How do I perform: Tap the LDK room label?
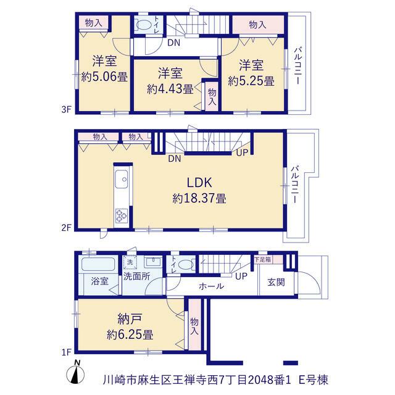coord(199,183)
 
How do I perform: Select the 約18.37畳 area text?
coord(199,199)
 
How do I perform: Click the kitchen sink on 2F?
coord(122,179)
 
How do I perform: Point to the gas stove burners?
coord(122,216)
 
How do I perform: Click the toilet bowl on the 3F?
coord(143,25)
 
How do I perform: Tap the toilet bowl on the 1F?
coord(186,265)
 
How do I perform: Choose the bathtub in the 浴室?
coord(98,264)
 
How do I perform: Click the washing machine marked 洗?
coord(130,262)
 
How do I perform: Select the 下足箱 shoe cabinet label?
coord(262,259)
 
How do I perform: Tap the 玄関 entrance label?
coord(276,282)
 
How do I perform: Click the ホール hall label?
coord(211,286)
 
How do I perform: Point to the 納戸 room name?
coord(130,319)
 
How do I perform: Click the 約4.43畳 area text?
coord(170,89)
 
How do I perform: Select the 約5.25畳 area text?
coord(251,81)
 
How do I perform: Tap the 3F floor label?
coord(67,110)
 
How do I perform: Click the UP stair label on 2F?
coord(243,152)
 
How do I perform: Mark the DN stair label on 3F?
coord(174,43)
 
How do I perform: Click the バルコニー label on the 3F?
coord(298,65)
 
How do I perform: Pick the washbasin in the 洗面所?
coord(153,262)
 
